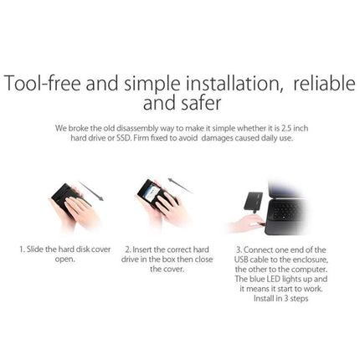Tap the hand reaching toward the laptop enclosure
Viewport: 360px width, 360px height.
(249, 223)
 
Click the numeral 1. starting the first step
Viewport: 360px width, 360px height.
(23, 249)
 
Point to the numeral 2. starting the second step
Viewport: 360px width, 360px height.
(127, 249)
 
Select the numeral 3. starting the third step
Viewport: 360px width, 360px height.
(238, 249)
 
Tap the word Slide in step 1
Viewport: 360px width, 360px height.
(36, 249)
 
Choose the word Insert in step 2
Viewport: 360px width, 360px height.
(143, 249)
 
